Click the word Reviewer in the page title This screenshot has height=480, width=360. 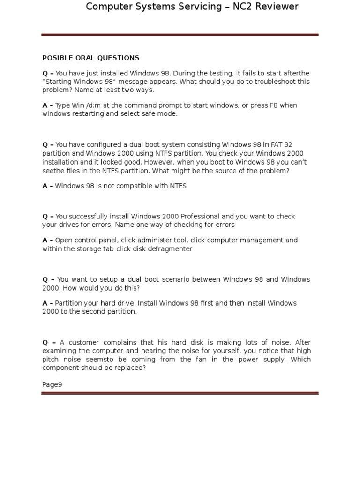point(277,7)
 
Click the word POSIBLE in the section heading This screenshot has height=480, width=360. point(55,58)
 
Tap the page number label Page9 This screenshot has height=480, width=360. point(52,385)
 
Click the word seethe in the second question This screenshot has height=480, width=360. point(53,171)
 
